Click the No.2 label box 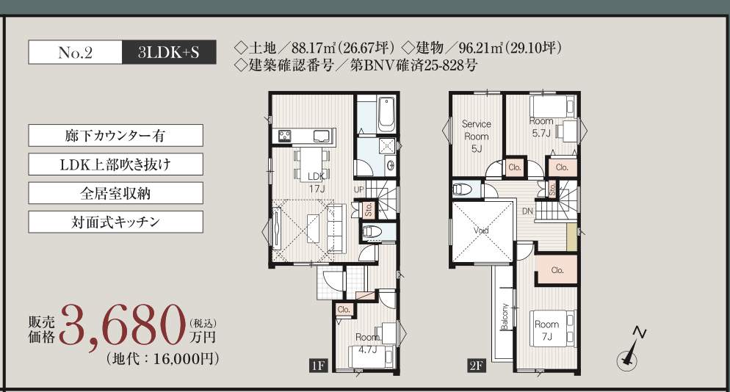[x=76, y=52]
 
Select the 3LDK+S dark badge [x=170, y=52]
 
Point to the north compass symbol [x=631, y=352]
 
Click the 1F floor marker [x=319, y=366]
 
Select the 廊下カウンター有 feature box [x=115, y=136]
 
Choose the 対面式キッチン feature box [x=115, y=222]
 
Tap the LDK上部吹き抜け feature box [x=115, y=164]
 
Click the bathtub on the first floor [x=387, y=115]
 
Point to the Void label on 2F [x=481, y=231]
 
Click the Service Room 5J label [x=477, y=137]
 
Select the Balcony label [x=505, y=316]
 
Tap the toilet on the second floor [x=463, y=189]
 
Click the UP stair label [x=358, y=189]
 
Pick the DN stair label [x=527, y=211]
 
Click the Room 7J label [x=546, y=330]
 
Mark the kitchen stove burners [x=284, y=136]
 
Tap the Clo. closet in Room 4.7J [x=344, y=310]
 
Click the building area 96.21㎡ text [x=480, y=48]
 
